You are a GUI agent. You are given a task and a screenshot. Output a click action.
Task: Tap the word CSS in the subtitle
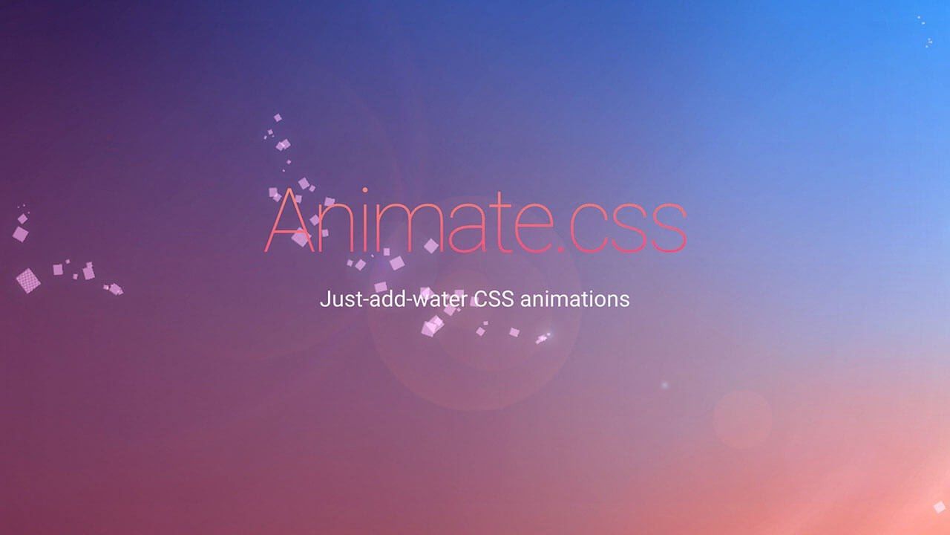pos(494,299)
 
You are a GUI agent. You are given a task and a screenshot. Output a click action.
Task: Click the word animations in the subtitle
pos(574,299)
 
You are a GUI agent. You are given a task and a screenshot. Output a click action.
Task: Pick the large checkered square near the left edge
pos(28,280)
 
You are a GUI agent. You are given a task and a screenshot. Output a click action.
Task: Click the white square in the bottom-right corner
pos(939,507)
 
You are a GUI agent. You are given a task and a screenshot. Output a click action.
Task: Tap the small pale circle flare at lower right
pos(742,419)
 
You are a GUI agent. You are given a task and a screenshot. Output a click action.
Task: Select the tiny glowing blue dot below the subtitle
pos(664,385)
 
